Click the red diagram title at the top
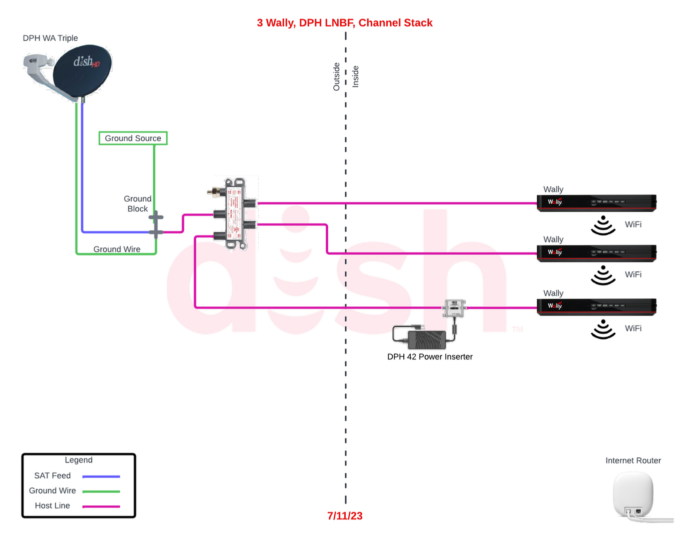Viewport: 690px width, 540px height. tap(344, 23)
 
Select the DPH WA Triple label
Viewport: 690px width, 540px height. tap(50, 38)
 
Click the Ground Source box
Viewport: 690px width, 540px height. tap(133, 138)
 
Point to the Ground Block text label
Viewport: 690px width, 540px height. tap(137, 204)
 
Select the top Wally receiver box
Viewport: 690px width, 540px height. tap(596, 202)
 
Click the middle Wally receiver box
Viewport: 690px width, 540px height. tap(596, 253)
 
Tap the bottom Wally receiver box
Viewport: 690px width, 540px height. tap(596, 306)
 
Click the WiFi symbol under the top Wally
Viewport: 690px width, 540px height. tap(603, 225)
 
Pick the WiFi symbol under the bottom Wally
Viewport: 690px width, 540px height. tap(603, 329)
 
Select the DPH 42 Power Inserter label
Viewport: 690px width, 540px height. tap(430, 357)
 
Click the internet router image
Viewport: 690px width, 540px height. tap(634, 495)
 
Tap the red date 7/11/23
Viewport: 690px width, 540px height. tap(345, 516)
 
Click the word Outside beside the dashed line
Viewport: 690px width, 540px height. tap(336, 76)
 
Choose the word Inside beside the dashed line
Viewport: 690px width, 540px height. tap(356, 76)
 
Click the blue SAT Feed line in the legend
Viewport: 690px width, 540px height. tap(101, 476)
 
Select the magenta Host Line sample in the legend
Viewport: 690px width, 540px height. tap(101, 506)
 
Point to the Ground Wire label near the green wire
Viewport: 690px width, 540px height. tap(117, 249)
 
